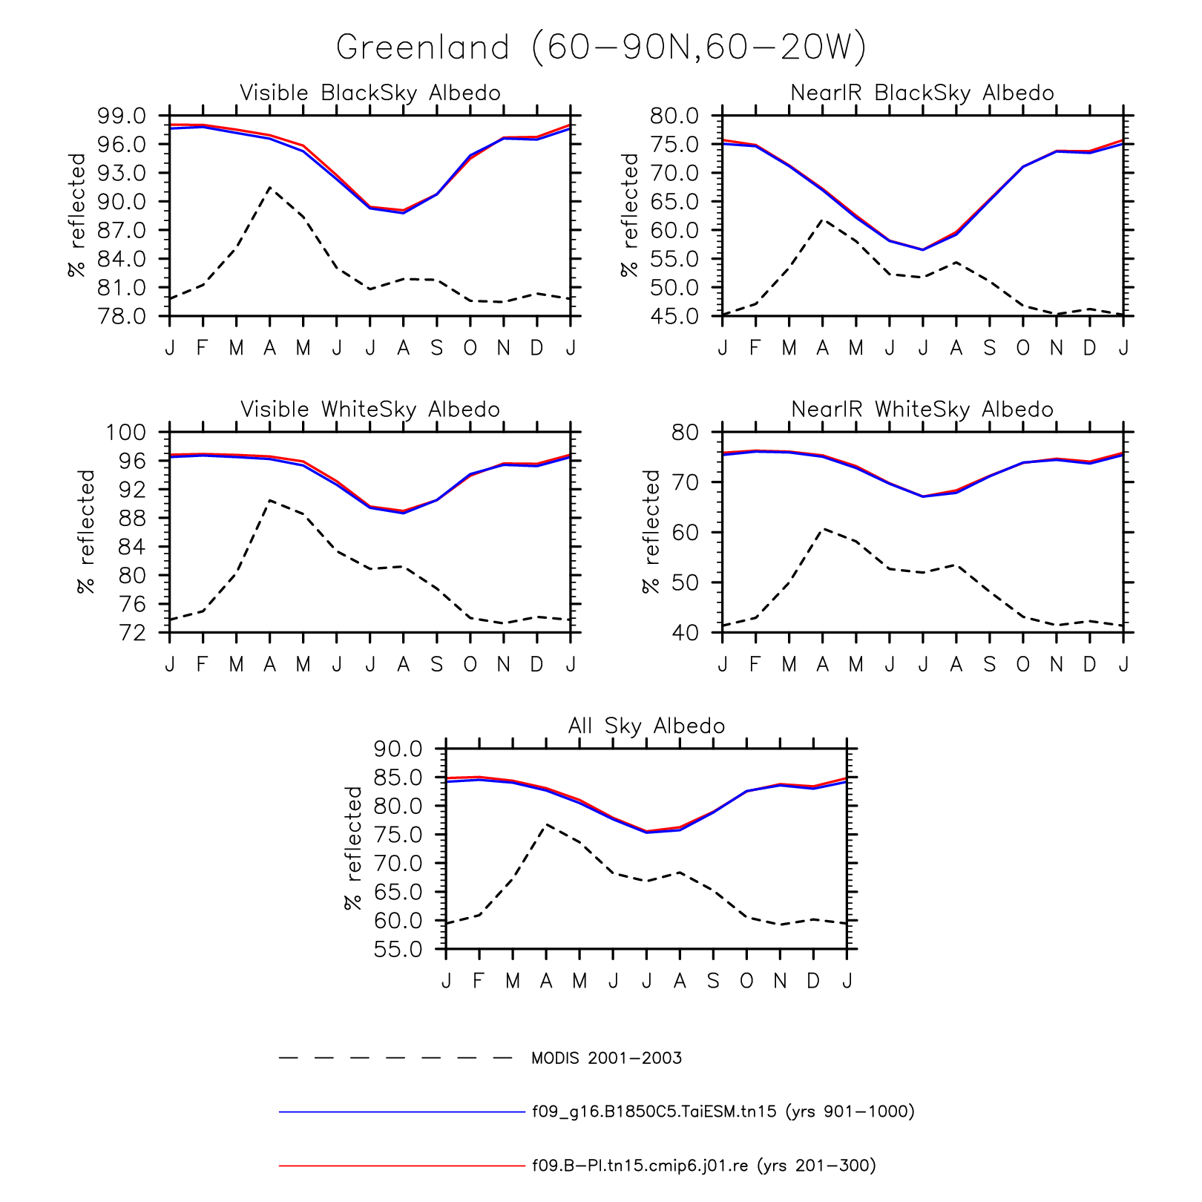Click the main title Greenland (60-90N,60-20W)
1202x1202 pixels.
[601, 47]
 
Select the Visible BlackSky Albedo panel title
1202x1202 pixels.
[370, 93]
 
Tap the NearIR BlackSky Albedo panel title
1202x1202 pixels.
[922, 93]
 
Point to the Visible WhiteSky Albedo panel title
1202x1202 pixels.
[370, 410]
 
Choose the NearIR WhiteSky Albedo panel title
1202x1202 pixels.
[922, 410]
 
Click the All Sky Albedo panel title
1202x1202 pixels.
[646, 726]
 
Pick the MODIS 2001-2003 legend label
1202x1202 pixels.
[606, 1058]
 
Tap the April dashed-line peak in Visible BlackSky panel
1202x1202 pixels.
[269, 187]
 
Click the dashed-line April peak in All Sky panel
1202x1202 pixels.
[546, 824]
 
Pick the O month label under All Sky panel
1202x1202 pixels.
[746, 981]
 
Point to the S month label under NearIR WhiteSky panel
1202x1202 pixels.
[989, 665]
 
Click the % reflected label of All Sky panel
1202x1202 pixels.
[354, 848]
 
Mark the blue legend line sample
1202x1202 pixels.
[401, 1112]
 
